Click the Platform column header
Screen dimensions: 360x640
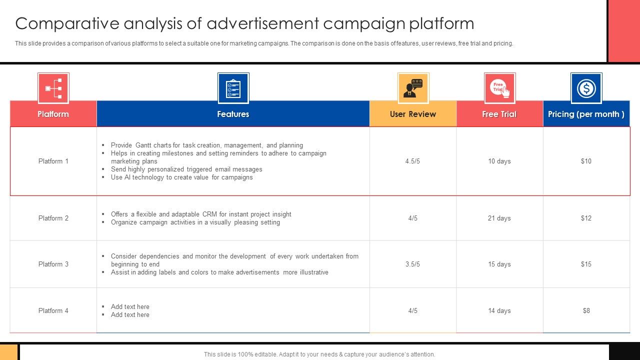click(x=53, y=114)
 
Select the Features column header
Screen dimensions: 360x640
click(x=233, y=114)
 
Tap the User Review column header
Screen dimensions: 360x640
click(x=412, y=114)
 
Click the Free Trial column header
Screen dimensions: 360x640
click(x=499, y=114)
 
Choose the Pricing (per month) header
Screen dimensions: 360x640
click(x=586, y=114)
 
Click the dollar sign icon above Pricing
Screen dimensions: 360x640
click(x=586, y=88)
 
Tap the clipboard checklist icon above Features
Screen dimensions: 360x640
click(x=233, y=88)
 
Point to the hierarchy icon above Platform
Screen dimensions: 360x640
click(x=53, y=88)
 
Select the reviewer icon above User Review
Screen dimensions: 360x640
click(x=413, y=88)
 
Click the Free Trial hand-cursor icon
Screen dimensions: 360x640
click(x=499, y=88)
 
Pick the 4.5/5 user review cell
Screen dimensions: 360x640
click(x=412, y=161)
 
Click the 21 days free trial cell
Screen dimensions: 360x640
click(x=499, y=218)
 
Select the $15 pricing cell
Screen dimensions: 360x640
click(x=586, y=264)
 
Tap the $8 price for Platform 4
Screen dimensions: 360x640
click(x=586, y=310)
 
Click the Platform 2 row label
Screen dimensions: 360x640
click(x=53, y=218)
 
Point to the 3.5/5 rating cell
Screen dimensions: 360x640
click(x=412, y=264)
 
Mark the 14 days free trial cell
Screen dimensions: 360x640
click(x=499, y=310)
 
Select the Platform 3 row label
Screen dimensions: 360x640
click(x=53, y=264)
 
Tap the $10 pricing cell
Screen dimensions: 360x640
click(x=586, y=161)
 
